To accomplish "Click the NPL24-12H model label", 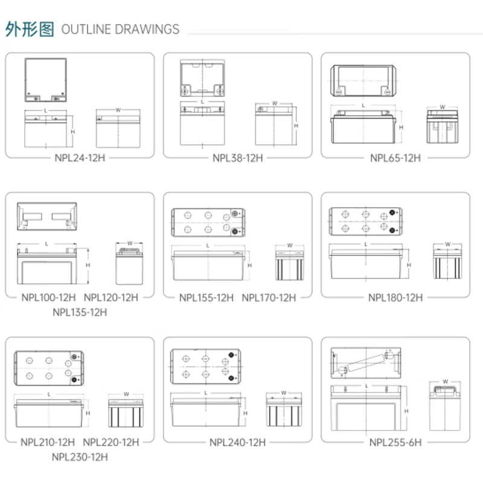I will [80, 158].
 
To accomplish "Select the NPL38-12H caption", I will [238, 158].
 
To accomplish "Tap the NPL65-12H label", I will [395, 158].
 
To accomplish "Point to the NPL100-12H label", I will [49, 297].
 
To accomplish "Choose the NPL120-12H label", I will [111, 297].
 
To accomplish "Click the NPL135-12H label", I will [80, 312].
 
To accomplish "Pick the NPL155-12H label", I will [206, 297].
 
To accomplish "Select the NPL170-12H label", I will [269, 297].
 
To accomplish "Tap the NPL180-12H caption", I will [395, 297].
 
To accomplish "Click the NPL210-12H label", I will [48, 442].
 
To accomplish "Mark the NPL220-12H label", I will [111, 442].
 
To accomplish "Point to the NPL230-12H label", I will [80, 457].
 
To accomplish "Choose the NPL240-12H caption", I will [238, 442].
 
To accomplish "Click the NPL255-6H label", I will [395, 442].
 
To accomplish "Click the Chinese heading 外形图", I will [30, 29].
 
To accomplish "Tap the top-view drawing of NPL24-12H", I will [46, 80].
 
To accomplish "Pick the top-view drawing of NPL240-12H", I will [206, 366].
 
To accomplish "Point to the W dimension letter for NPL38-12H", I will [275, 103].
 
